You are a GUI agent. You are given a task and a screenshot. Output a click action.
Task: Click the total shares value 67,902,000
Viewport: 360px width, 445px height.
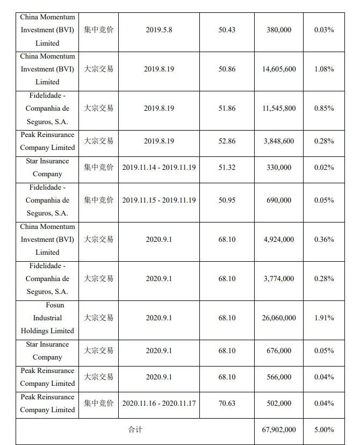[279, 429]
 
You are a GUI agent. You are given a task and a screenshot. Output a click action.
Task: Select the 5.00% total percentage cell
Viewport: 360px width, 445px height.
[324, 429]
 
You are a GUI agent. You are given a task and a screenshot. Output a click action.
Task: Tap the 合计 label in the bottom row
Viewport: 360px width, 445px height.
[135, 429]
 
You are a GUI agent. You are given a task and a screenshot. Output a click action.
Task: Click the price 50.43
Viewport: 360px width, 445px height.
[227, 30]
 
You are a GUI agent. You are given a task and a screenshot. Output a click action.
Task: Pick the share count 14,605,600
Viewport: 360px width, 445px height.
[279, 69]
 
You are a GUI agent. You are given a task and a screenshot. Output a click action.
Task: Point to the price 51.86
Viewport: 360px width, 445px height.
[227, 108]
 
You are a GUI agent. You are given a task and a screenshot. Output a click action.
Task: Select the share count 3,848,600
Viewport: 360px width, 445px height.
[279, 141]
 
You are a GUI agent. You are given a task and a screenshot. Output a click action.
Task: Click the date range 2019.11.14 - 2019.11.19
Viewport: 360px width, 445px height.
[159, 167]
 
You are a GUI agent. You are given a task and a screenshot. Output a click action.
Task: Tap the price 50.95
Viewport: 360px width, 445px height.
[227, 200]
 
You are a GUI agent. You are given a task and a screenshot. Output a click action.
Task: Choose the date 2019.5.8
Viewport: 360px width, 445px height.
[159, 30]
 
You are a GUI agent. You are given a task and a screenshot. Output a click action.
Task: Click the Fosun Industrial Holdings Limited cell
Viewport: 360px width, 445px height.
[47, 318]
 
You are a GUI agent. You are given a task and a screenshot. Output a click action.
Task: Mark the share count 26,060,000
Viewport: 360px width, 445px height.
[279, 318]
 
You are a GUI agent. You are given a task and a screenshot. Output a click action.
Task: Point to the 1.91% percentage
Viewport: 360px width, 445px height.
[324, 318]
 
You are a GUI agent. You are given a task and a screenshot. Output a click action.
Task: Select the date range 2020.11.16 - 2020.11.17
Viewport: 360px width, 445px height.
[159, 403]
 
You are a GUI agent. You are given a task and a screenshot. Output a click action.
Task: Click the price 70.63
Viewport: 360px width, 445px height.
[227, 403]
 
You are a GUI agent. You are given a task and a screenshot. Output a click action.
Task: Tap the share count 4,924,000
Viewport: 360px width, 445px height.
[279, 239]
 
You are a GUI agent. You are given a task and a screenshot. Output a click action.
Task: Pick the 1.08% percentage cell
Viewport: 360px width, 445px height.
[324, 69]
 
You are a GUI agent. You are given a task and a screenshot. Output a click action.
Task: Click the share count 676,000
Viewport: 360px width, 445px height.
[279, 350]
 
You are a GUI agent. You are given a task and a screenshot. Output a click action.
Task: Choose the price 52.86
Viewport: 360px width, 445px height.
[227, 141]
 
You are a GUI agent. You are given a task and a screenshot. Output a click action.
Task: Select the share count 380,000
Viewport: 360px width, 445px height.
[279, 30]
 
